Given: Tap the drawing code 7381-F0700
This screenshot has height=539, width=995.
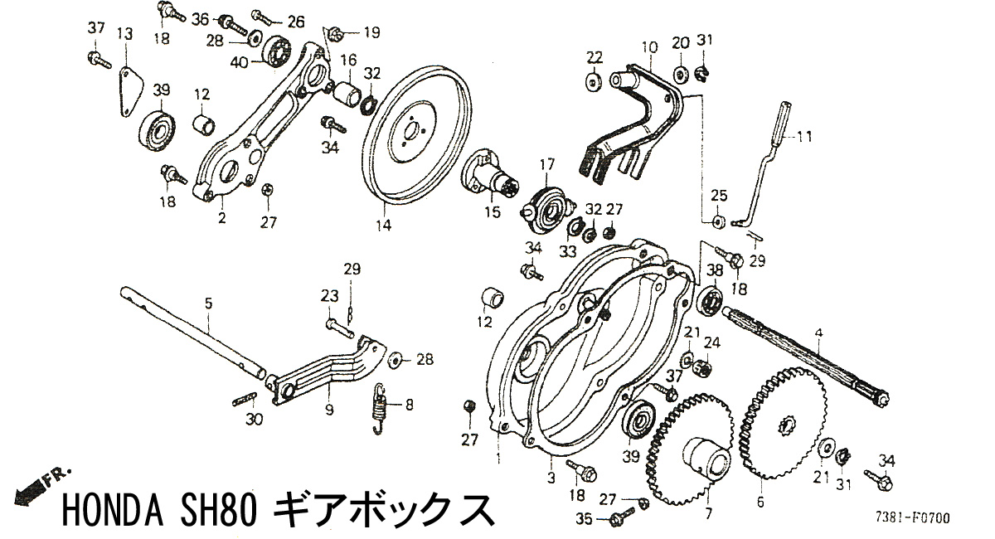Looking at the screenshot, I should (911, 519).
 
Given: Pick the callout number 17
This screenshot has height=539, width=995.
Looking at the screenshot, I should (546, 165).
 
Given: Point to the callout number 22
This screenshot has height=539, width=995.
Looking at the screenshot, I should (594, 56).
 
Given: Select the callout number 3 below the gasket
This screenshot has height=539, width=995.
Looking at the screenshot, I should (551, 478).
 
